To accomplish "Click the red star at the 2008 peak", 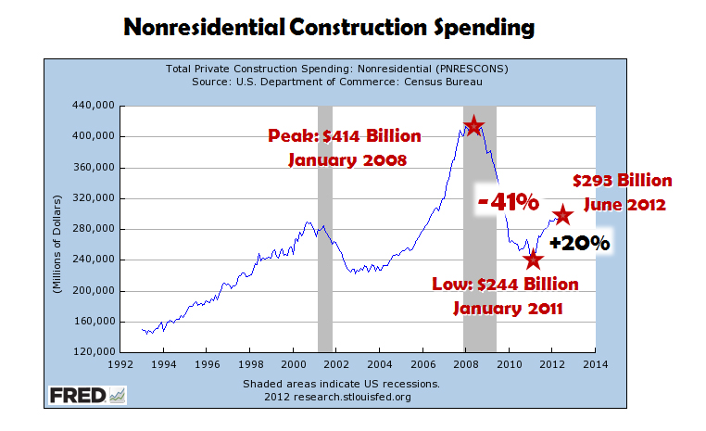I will click(x=473, y=125).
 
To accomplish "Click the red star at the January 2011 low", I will click(x=533, y=260).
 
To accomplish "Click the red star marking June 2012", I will click(x=561, y=215).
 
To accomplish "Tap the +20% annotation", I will click(x=579, y=244).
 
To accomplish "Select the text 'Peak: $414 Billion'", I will click(x=345, y=136).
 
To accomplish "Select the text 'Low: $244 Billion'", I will click(x=505, y=283).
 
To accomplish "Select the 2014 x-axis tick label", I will click(x=596, y=364).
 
